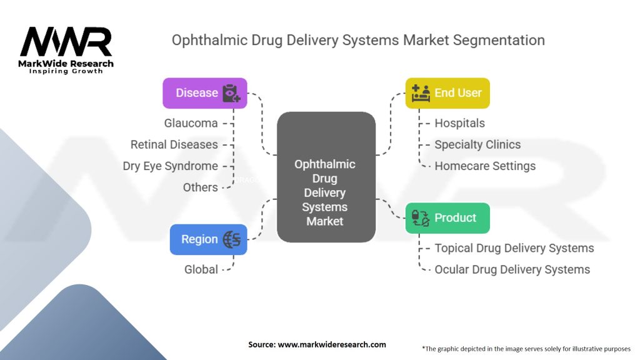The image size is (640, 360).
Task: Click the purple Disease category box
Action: (205, 93)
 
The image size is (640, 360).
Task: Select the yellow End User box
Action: (447, 93)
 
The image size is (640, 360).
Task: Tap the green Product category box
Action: (447, 218)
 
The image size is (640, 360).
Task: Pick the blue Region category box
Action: (208, 239)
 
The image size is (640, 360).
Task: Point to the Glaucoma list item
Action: (191, 123)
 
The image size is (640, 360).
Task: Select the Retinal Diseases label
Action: (174, 144)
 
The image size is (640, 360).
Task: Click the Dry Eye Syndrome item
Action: (170, 166)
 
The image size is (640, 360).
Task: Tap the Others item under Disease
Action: (200, 187)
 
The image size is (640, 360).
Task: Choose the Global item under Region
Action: (201, 269)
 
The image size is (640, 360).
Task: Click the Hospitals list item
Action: (459, 123)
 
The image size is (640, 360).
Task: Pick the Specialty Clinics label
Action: (477, 144)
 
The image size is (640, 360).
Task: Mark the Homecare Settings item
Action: (485, 166)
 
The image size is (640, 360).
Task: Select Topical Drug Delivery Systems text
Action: (514, 248)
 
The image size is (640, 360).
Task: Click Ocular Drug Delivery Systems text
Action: (512, 269)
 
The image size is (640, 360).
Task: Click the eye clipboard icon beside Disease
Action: (231, 93)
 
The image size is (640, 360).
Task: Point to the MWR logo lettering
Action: (66, 42)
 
